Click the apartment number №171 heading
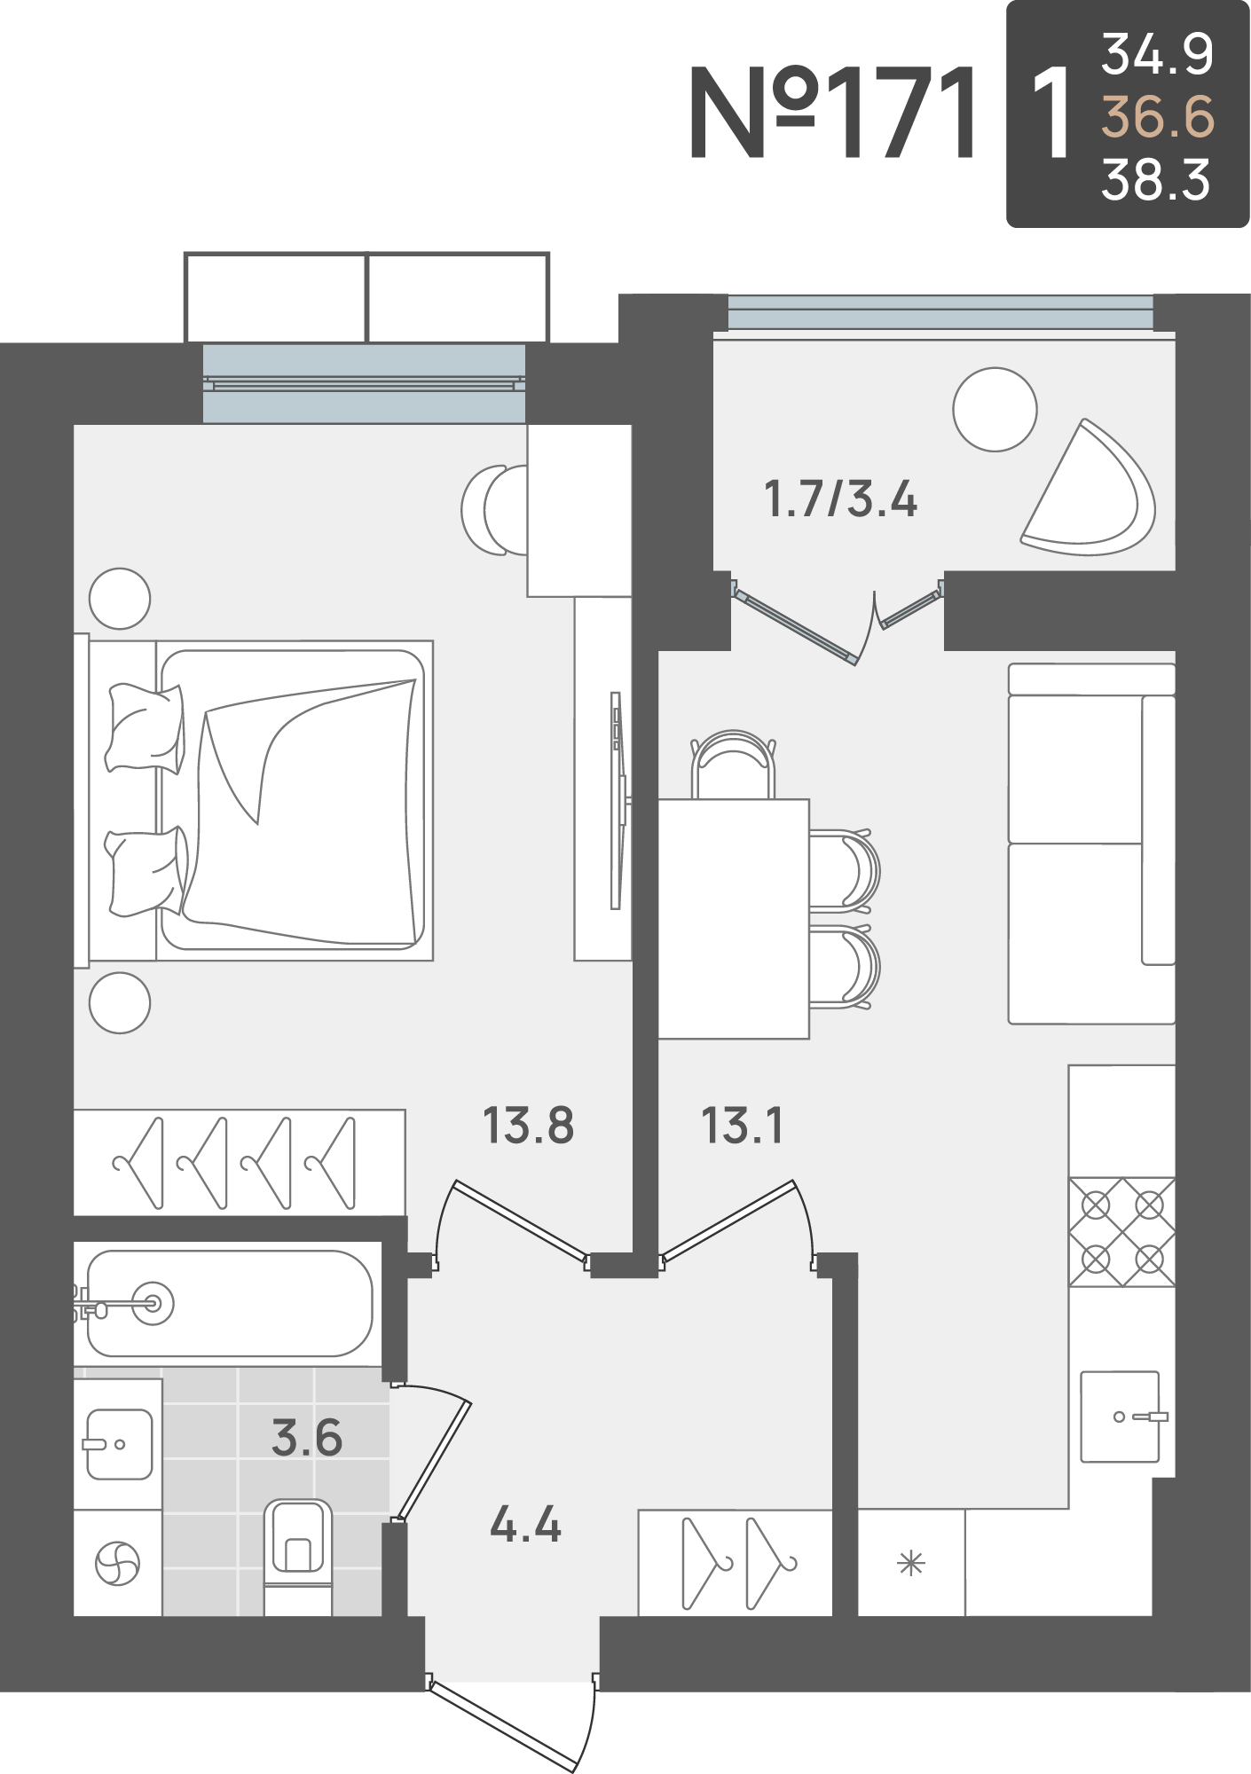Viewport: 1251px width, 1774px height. tap(834, 114)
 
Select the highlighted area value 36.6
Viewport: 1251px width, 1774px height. tap(1157, 117)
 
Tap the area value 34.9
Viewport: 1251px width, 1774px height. tap(1157, 54)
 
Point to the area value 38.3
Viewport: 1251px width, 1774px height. tap(1155, 180)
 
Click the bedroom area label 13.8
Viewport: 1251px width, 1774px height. tap(528, 1125)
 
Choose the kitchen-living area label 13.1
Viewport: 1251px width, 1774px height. tap(742, 1125)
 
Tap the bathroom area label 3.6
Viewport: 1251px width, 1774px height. tap(307, 1438)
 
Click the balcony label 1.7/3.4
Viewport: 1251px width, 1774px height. tap(840, 498)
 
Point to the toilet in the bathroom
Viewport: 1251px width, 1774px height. tap(298, 1556)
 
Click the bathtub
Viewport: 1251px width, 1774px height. tap(229, 1303)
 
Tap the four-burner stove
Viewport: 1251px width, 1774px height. tap(1122, 1232)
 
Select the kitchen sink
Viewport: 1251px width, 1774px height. tap(1121, 1417)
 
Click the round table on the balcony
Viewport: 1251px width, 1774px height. tap(995, 410)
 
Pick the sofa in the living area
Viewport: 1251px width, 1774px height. tap(1091, 844)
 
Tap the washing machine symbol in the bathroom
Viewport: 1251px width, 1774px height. tap(117, 1563)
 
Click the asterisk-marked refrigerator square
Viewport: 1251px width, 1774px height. tap(911, 1563)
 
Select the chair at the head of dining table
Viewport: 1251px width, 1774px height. tap(734, 765)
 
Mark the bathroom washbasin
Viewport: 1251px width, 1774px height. tap(119, 1444)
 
